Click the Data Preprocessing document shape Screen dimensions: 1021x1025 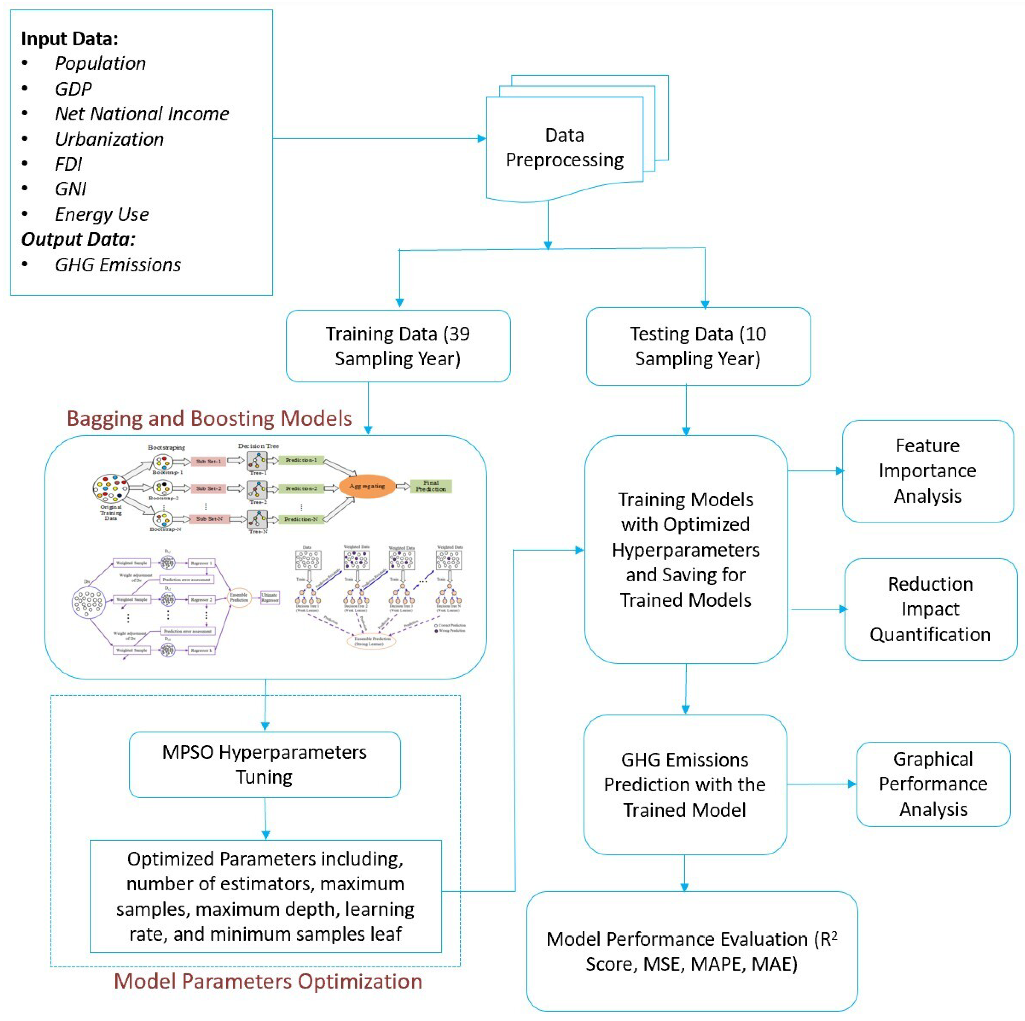coord(565,147)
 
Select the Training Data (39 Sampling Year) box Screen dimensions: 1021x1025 coord(398,346)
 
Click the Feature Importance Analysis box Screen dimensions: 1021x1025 coord(927,471)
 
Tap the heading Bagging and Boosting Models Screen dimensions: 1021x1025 coord(209,418)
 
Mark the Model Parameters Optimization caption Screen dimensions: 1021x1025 coord(268,981)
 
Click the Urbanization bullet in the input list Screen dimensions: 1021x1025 coord(109,139)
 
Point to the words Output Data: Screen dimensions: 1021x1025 coord(78,239)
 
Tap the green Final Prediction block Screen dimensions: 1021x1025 coord(431,486)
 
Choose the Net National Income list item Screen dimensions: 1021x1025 coord(142,114)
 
